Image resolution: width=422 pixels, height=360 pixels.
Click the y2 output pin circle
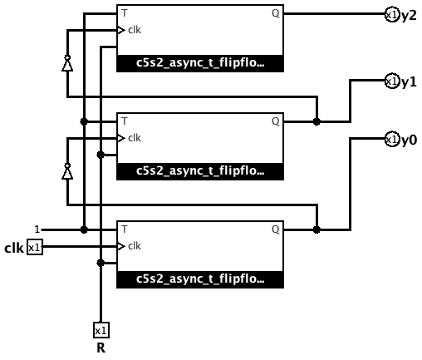click(x=392, y=15)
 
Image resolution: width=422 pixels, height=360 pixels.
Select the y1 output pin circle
click(x=392, y=81)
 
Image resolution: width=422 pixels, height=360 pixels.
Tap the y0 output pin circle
click(x=392, y=140)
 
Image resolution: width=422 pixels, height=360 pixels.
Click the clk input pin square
click(x=35, y=247)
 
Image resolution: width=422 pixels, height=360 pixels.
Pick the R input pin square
click(x=101, y=330)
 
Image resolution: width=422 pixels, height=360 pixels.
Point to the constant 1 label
click(x=37, y=229)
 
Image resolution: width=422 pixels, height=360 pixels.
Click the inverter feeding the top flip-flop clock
click(x=67, y=63)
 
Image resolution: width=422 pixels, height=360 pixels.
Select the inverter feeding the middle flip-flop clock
click(x=67, y=171)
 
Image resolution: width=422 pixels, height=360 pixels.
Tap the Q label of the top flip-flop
click(x=276, y=13)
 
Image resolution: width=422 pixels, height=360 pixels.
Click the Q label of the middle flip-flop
click(x=276, y=121)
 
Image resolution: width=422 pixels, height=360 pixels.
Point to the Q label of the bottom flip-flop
click(x=276, y=229)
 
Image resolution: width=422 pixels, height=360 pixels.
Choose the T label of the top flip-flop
click(x=125, y=13)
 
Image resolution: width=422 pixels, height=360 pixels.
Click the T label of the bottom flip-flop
click(x=125, y=229)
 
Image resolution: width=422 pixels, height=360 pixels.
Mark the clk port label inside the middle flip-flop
click(x=135, y=138)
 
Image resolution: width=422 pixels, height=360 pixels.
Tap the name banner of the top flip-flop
click(x=200, y=63)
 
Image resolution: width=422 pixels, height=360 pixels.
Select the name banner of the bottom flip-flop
click(x=200, y=279)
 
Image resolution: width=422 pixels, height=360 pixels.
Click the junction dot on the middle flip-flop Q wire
click(x=316, y=121)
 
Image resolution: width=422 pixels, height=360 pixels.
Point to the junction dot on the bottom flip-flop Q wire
click(x=316, y=229)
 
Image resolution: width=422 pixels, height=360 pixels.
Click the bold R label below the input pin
click(x=101, y=348)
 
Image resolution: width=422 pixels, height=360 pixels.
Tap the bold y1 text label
click(x=409, y=82)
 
